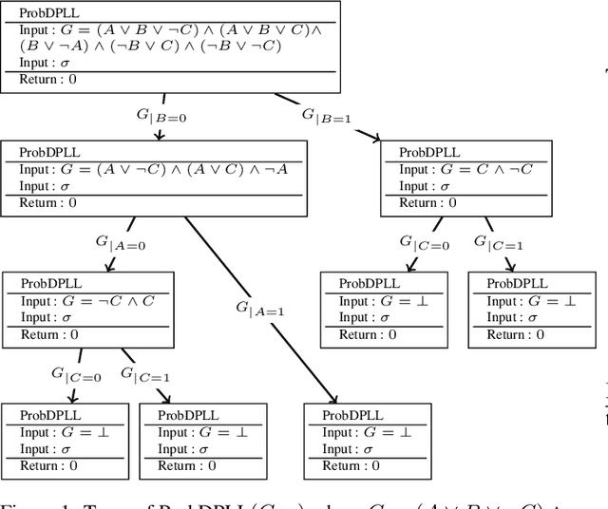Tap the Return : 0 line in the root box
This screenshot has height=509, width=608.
(x=47, y=80)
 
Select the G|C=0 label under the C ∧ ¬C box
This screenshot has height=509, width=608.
(x=419, y=241)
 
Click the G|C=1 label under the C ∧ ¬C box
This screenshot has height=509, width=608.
(x=501, y=244)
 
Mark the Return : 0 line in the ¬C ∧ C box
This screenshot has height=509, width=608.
(x=48, y=334)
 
